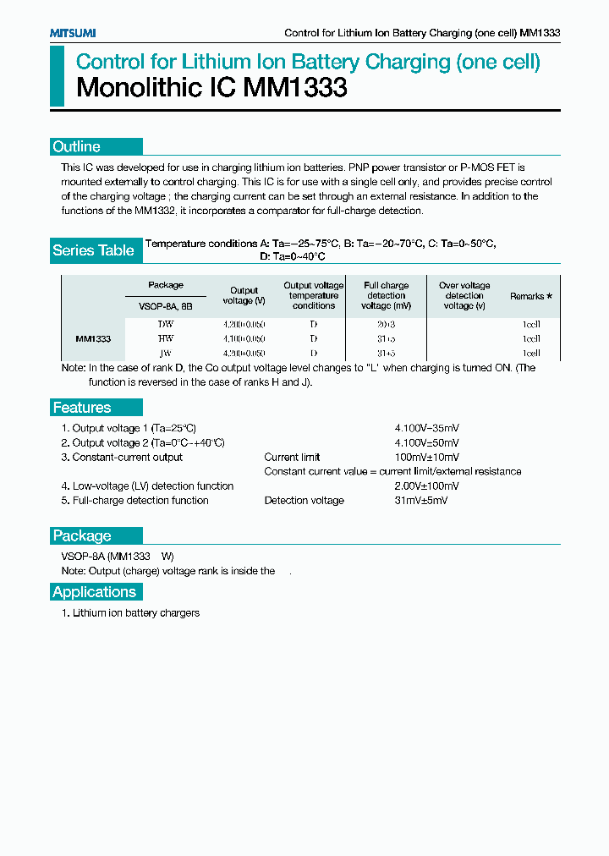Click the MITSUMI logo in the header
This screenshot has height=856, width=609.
click(73, 32)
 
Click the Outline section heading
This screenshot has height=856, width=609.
click(77, 146)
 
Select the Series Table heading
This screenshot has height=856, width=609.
click(93, 250)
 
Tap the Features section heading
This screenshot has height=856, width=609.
click(82, 408)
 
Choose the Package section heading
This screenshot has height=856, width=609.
click(82, 535)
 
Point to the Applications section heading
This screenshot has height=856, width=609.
click(94, 592)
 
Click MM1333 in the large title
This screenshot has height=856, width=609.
click(295, 88)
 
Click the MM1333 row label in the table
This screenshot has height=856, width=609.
click(93, 338)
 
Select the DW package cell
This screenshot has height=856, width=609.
click(166, 324)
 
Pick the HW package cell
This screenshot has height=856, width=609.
click(166, 338)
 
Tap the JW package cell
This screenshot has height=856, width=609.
click(166, 353)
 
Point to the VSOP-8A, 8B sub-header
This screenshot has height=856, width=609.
click(166, 305)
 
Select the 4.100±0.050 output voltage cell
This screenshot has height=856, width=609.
click(244, 338)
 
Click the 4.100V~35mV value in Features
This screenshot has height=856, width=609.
click(427, 428)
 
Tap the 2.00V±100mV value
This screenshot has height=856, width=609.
click(427, 486)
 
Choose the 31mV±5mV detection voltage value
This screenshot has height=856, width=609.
click(421, 501)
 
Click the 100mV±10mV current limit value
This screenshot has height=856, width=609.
click(427, 458)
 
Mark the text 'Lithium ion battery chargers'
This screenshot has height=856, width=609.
click(135, 613)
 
